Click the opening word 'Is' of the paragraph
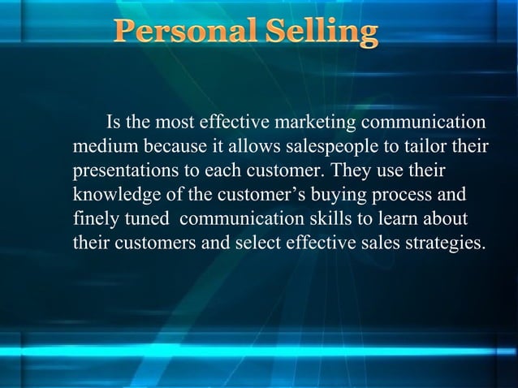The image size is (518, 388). tap(114, 123)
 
